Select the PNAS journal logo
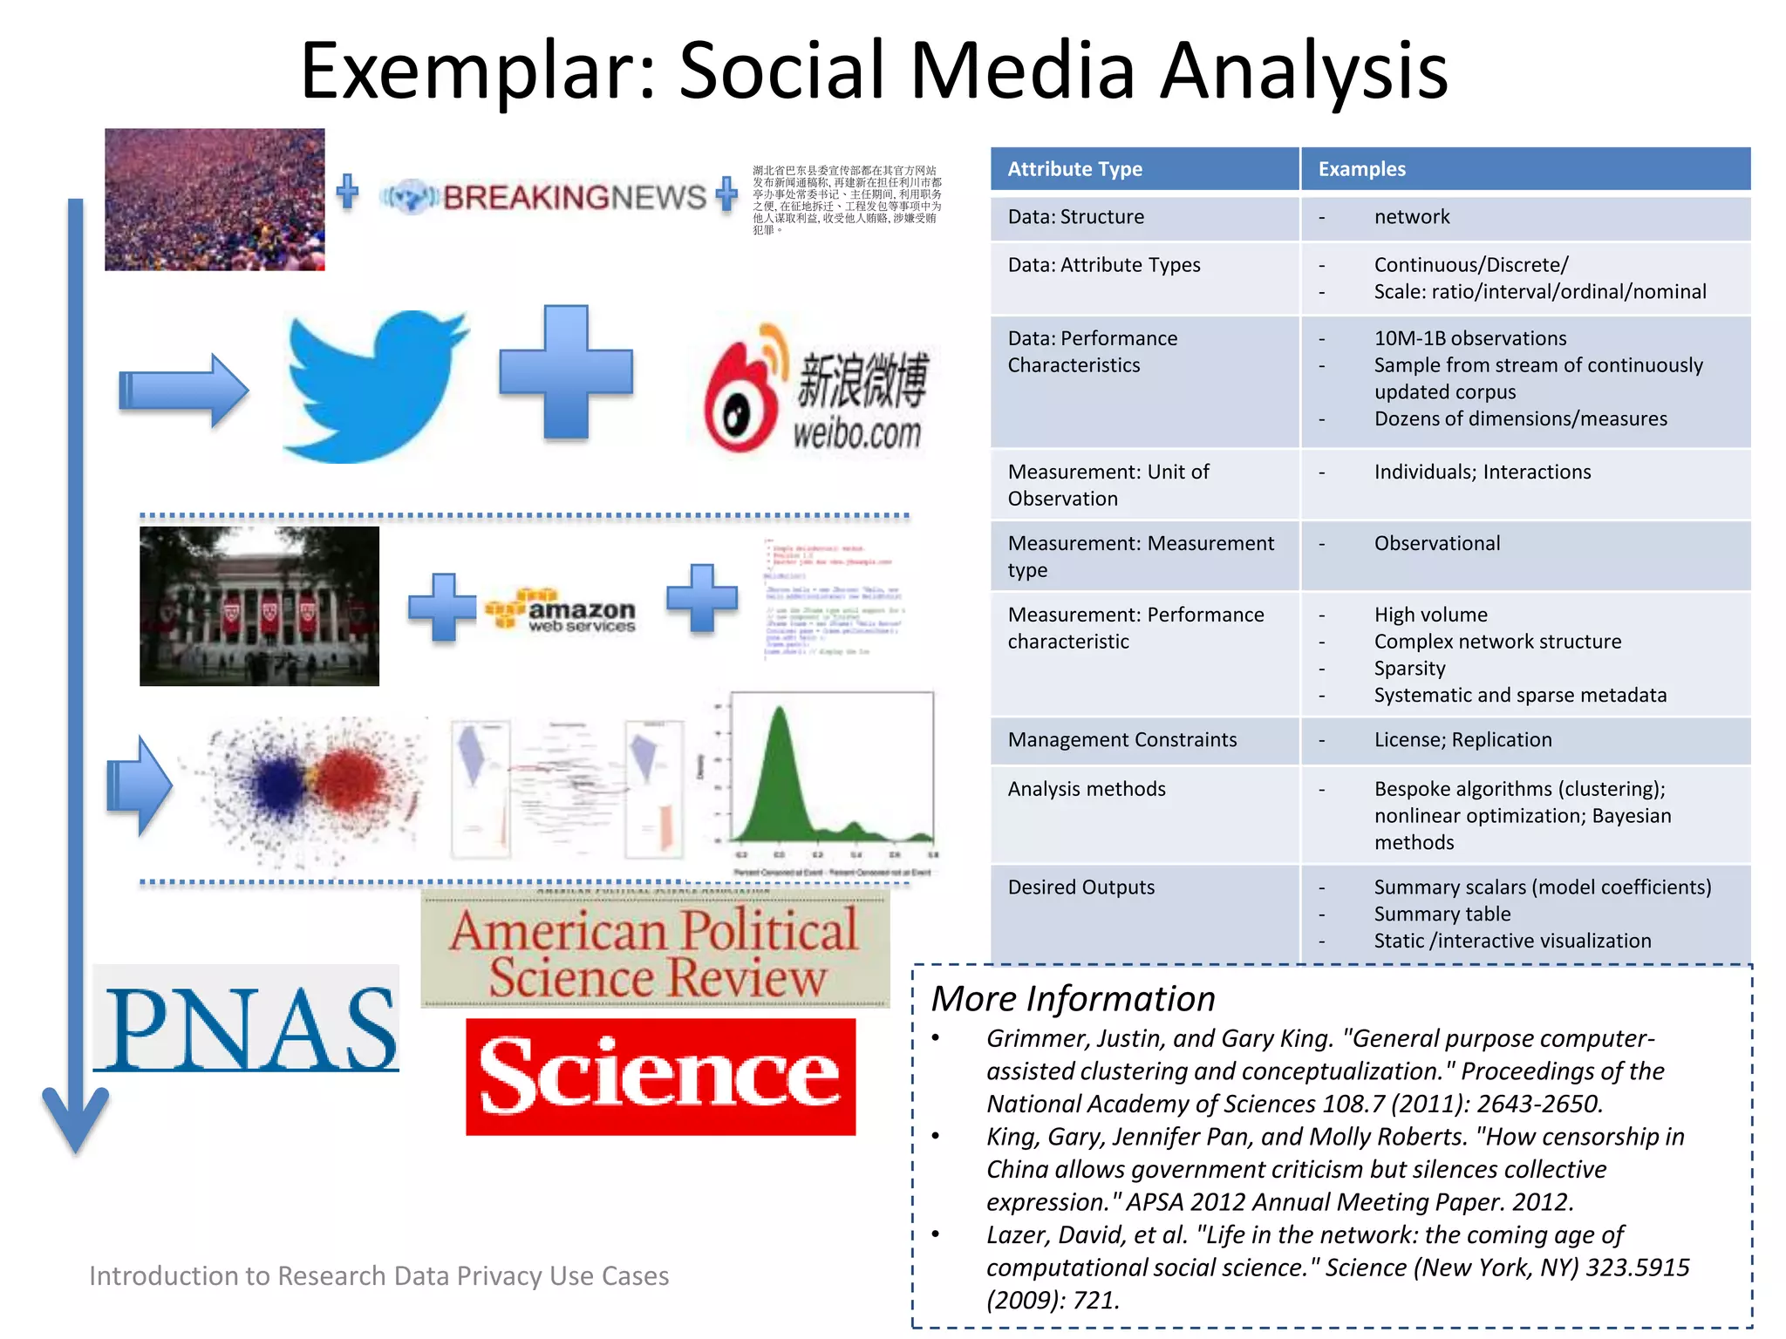point(249,1029)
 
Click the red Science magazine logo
point(660,1077)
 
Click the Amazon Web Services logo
point(562,610)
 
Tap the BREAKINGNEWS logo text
point(573,198)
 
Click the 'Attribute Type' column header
point(1074,169)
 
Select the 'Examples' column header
point(1361,169)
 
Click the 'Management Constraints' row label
point(1121,740)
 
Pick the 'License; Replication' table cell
point(1462,740)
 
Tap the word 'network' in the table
point(1411,217)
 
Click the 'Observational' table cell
point(1436,544)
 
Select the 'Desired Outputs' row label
point(1080,887)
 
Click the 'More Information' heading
point(1073,999)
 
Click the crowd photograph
point(215,200)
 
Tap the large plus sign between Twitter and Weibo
point(566,372)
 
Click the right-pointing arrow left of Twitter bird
point(183,391)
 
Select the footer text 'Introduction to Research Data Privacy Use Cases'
point(378,1276)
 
